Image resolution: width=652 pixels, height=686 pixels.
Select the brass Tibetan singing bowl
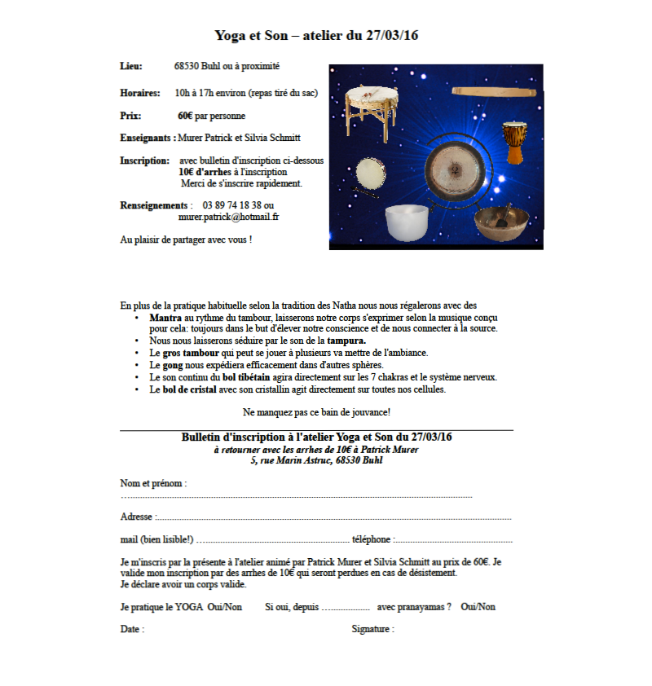tap(500, 221)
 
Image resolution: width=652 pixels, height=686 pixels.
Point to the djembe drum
tap(514, 142)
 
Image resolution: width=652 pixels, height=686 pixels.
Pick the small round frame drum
tap(371, 173)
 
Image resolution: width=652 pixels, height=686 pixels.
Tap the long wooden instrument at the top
tap(495, 92)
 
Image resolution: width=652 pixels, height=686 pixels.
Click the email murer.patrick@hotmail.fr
tap(229, 218)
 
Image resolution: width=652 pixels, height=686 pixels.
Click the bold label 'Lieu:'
tap(131, 66)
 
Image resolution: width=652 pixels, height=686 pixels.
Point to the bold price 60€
tap(185, 116)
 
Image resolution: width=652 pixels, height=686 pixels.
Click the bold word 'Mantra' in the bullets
tap(165, 317)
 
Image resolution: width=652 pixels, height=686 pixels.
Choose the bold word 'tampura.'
tap(346, 340)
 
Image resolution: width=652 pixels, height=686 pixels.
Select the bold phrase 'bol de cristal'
tap(189, 389)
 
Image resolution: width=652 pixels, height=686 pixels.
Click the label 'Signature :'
tap(372, 629)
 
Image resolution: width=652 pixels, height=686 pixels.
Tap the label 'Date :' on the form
tap(132, 629)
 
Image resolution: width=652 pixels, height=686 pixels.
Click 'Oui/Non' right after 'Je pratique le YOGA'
tap(225, 607)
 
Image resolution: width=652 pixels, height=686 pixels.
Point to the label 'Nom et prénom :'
tap(153, 483)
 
